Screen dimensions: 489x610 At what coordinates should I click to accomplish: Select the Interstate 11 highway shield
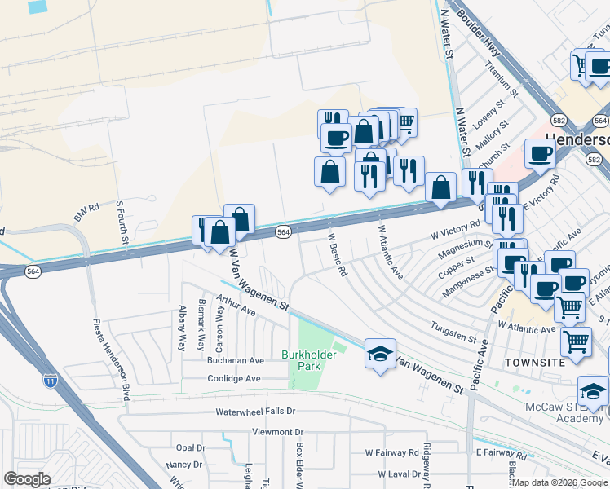(x=50, y=379)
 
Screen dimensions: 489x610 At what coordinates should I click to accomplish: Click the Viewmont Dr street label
(x=277, y=432)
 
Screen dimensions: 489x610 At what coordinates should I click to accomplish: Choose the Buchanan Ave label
(x=235, y=359)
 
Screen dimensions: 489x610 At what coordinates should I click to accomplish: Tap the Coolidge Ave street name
(x=233, y=378)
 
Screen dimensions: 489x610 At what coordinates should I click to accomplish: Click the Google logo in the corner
(x=27, y=479)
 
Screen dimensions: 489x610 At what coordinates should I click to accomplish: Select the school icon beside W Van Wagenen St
(x=380, y=354)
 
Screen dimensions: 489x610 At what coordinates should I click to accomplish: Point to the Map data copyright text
(x=560, y=482)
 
